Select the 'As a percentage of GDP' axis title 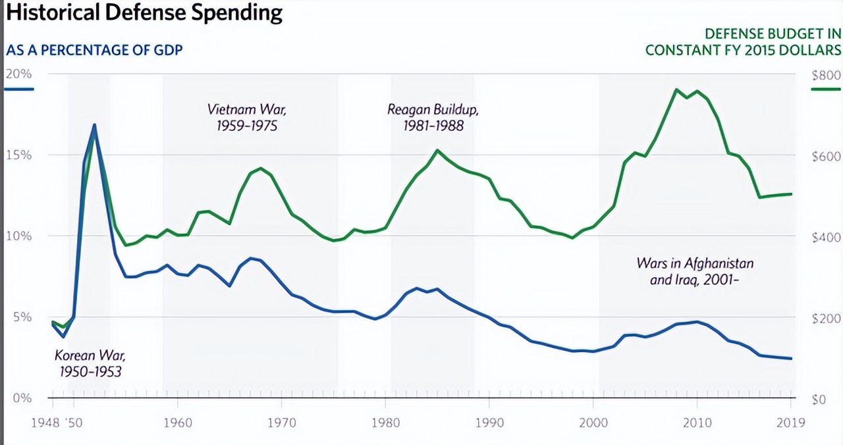click(x=94, y=50)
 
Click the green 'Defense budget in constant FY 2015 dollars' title click(x=743, y=41)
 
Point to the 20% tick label click(x=18, y=73)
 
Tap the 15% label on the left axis click(x=19, y=155)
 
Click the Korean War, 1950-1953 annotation click(x=90, y=363)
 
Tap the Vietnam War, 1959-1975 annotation click(x=247, y=117)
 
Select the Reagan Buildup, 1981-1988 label click(x=433, y=117)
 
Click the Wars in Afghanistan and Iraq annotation click(x=695, y=271)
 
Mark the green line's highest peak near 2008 click(x=676, y=89)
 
